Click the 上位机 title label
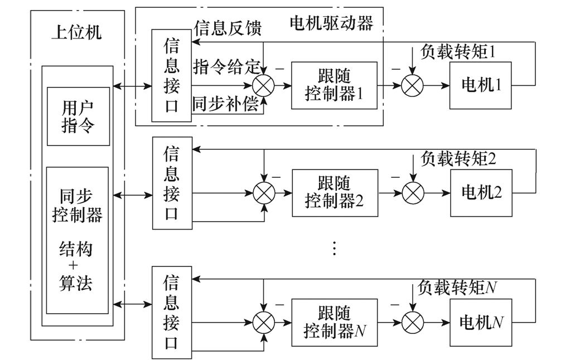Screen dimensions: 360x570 pyautogui.click(x=76, y=32)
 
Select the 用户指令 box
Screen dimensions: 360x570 pyautogui.click(x=78, y=116)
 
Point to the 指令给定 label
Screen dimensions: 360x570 pyautogui.click(x=226, y=67)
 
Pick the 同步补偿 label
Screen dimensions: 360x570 pyautogui.click(x=226, y=105)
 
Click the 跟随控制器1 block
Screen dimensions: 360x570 pyautogui.click(x=334, y=85)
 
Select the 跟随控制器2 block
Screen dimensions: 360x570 pyautogui.click(x=334, y=193)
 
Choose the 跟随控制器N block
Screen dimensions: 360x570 pyautogui.click(x=334, y=322)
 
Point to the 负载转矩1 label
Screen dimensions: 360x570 pyautogui.click(x=458, y=52)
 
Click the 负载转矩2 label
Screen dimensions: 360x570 pyautogui.click(x=458, y=159)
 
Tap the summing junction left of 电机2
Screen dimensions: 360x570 pyautogui.click(x=412, y=193)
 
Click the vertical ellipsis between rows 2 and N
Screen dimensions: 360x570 pyautogui.click(x=334, y=248)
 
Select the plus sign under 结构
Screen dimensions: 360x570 pyautogui.click(x=78, y=265)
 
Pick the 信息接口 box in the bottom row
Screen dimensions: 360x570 pyautogui.click(x=172, y=312)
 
